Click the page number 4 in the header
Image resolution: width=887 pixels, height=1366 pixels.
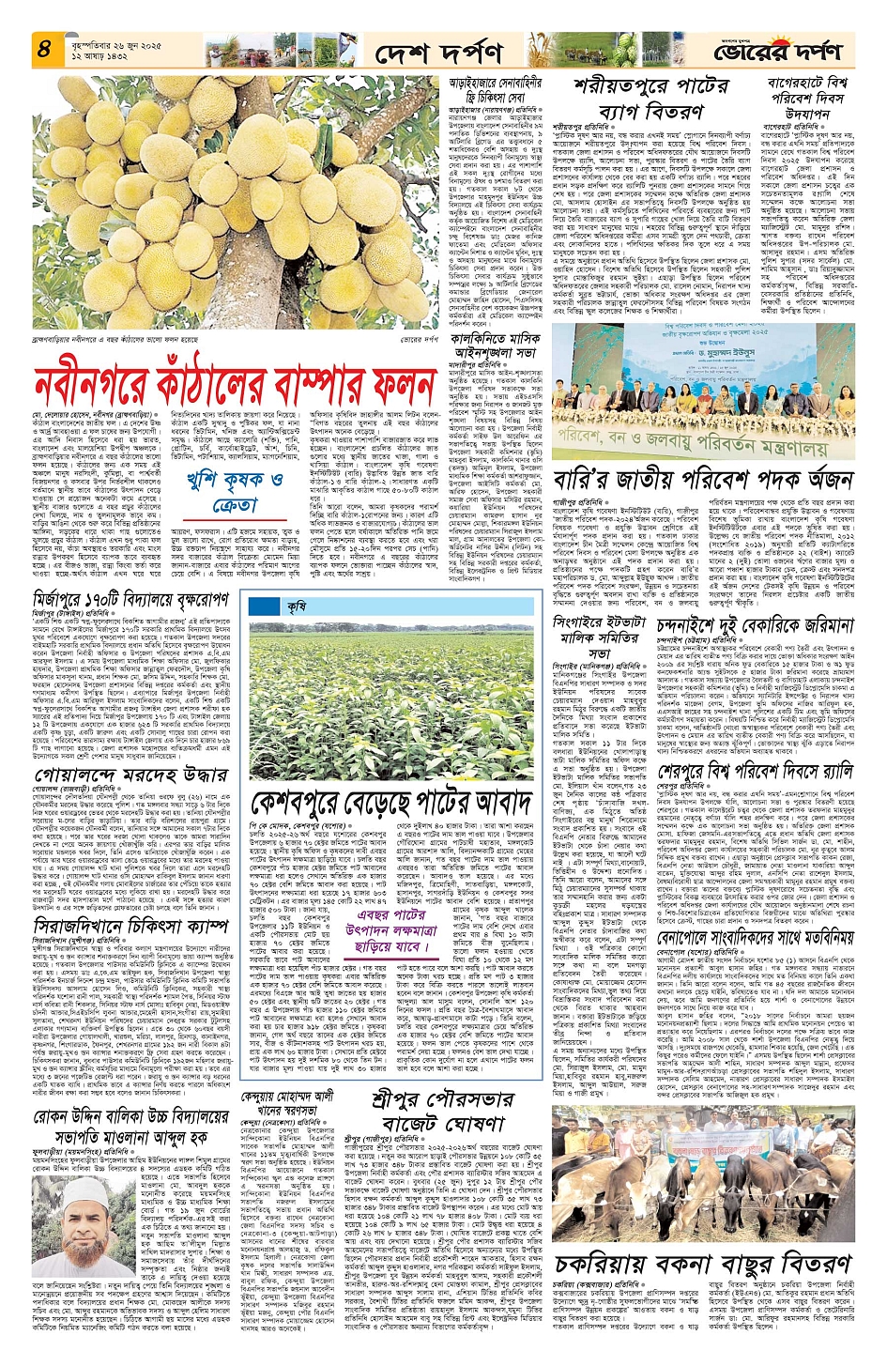[x=43, y=49]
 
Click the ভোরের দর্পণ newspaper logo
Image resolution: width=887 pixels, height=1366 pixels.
[x=778, y=53]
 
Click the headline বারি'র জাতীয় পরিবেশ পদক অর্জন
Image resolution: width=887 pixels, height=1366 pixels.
[x=702, y=480]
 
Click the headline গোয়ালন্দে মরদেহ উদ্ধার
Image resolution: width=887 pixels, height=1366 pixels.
[x=131, y=775]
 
